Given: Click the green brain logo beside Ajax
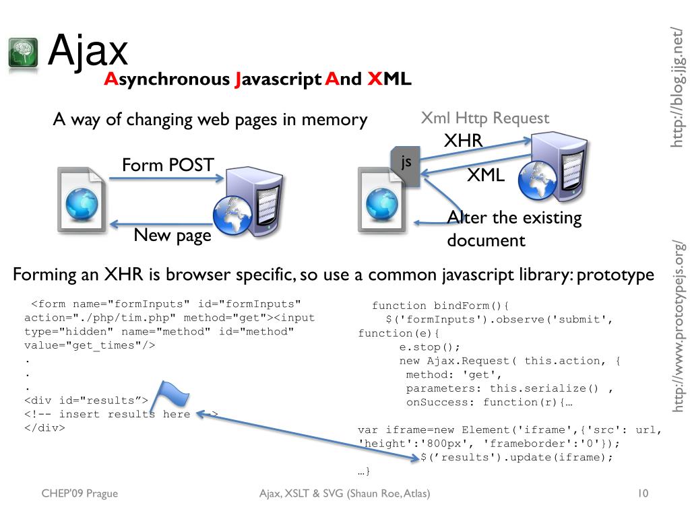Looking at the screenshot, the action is click(x=24, y=53).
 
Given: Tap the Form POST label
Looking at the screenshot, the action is click(x=167, y=165).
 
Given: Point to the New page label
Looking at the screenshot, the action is click(x=172, y=235).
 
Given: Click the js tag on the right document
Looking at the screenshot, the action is click(x=406, y=162).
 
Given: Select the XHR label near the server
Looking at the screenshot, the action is click(x=463, y=141).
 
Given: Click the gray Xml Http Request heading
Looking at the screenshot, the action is click(x=484, y=118).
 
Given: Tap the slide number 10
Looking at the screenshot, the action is click(x=642, y=494).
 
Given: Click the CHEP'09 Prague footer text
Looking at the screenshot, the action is click(x=80, y=494).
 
